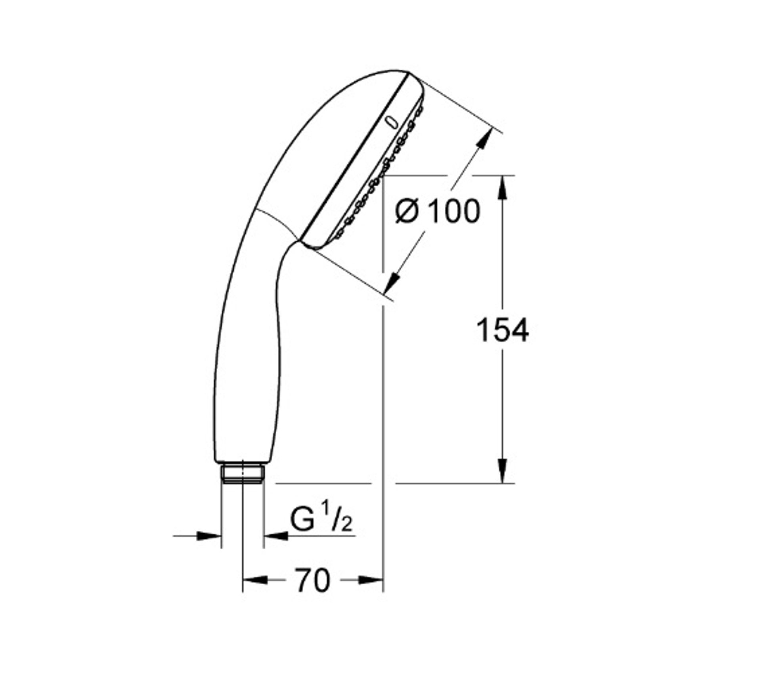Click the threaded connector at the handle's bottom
[242, 474]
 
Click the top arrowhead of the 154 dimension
[503, 188]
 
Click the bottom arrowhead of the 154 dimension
[503, 471]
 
